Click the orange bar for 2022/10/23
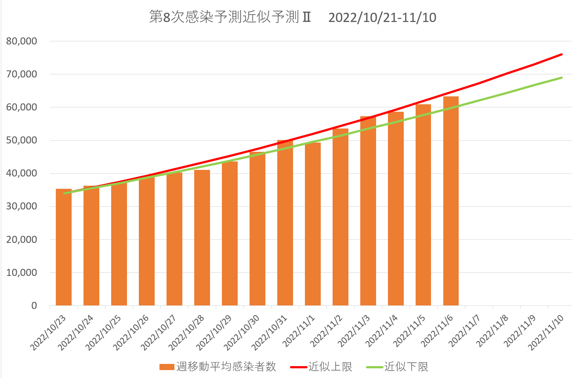[64, 247]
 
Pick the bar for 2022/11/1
[313, 224]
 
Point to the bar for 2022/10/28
[202, 238]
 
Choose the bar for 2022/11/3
[368, 211]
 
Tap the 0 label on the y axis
[34, 305]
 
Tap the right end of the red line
[562, 55]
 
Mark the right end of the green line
[562, 78]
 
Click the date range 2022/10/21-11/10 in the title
[382, 18]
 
